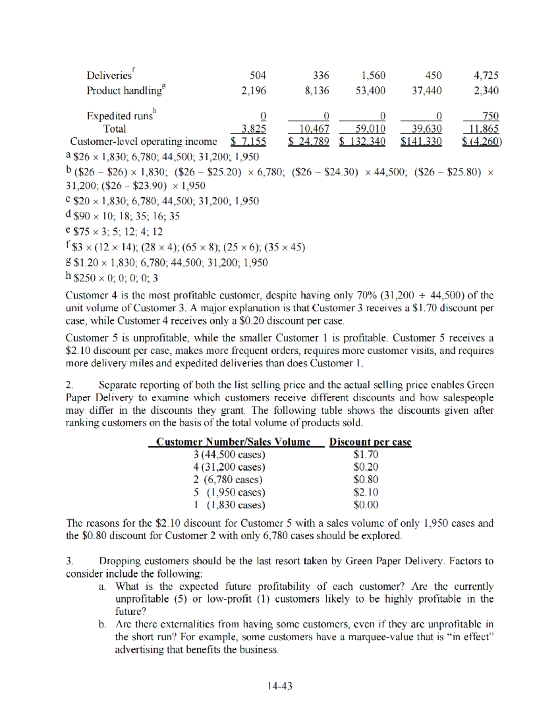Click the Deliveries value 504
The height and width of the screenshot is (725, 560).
(x=258, y=76)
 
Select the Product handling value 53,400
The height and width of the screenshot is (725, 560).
(x=370, y=91)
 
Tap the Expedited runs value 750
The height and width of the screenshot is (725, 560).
(x=490, y=116)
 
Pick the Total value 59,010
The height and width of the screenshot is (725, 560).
(x=370, y=129)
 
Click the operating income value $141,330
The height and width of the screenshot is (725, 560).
(x=421, y=141)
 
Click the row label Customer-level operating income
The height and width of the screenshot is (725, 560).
(x=143, y=141)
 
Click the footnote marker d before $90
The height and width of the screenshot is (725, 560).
(x=69, y=215)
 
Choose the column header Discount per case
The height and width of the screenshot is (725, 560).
(x=370, y=442)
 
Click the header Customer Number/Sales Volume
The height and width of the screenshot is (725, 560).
(x=233, y=442)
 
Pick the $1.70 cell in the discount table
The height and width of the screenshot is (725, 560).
(x=366, y=454)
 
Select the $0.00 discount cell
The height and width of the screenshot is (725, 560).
(x=366, y=505)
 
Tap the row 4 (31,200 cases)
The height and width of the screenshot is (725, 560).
(x=229, y=467)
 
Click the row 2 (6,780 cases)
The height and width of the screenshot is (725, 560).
(x=228, y=479)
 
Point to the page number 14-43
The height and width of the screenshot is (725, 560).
(x=280, y=686)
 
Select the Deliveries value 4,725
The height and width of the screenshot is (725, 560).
(x=486, y=76)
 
